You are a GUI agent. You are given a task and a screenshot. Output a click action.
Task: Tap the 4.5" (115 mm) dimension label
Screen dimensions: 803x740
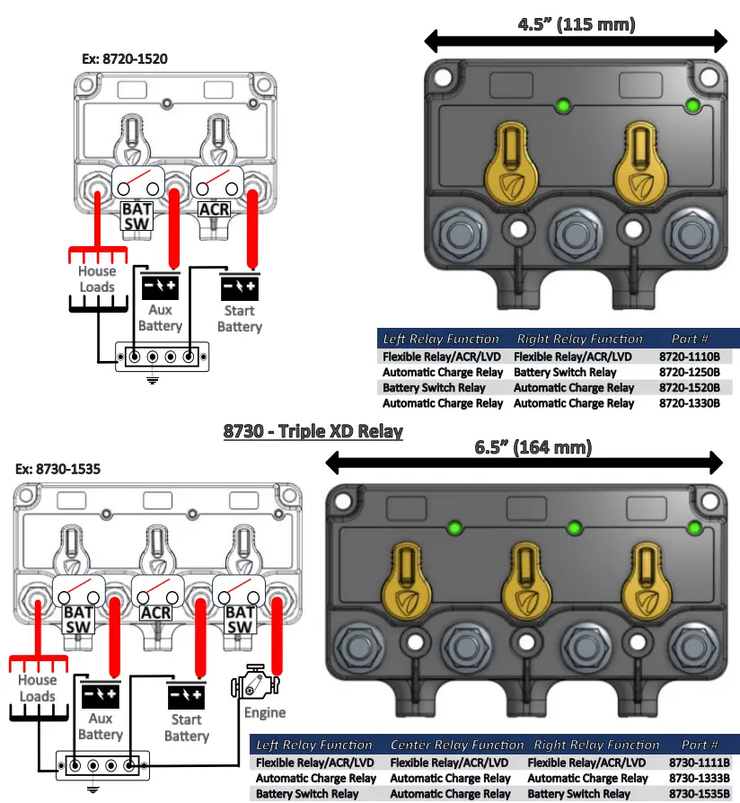pos(576,24)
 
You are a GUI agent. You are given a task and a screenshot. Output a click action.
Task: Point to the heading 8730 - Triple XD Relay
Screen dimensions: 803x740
pos(313,431)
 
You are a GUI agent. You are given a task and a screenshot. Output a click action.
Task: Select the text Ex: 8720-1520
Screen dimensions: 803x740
pos(125,58)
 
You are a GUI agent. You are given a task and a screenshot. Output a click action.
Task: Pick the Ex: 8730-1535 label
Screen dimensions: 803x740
pos(58,469)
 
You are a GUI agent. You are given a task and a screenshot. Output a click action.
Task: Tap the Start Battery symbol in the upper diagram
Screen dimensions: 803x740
pos(239,287)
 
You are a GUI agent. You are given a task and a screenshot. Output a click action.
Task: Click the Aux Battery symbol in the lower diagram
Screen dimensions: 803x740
pos(100,695)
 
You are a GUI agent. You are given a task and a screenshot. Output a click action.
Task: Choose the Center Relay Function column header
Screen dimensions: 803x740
pos(456,745)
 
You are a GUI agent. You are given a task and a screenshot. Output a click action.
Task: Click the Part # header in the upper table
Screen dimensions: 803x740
pos(690,339)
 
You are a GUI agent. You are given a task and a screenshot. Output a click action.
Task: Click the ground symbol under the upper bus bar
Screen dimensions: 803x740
pos(153,379)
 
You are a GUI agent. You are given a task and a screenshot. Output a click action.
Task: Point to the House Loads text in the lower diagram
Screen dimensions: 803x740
pos(38,688)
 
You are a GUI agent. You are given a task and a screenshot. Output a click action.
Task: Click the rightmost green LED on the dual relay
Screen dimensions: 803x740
pos(692,106)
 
